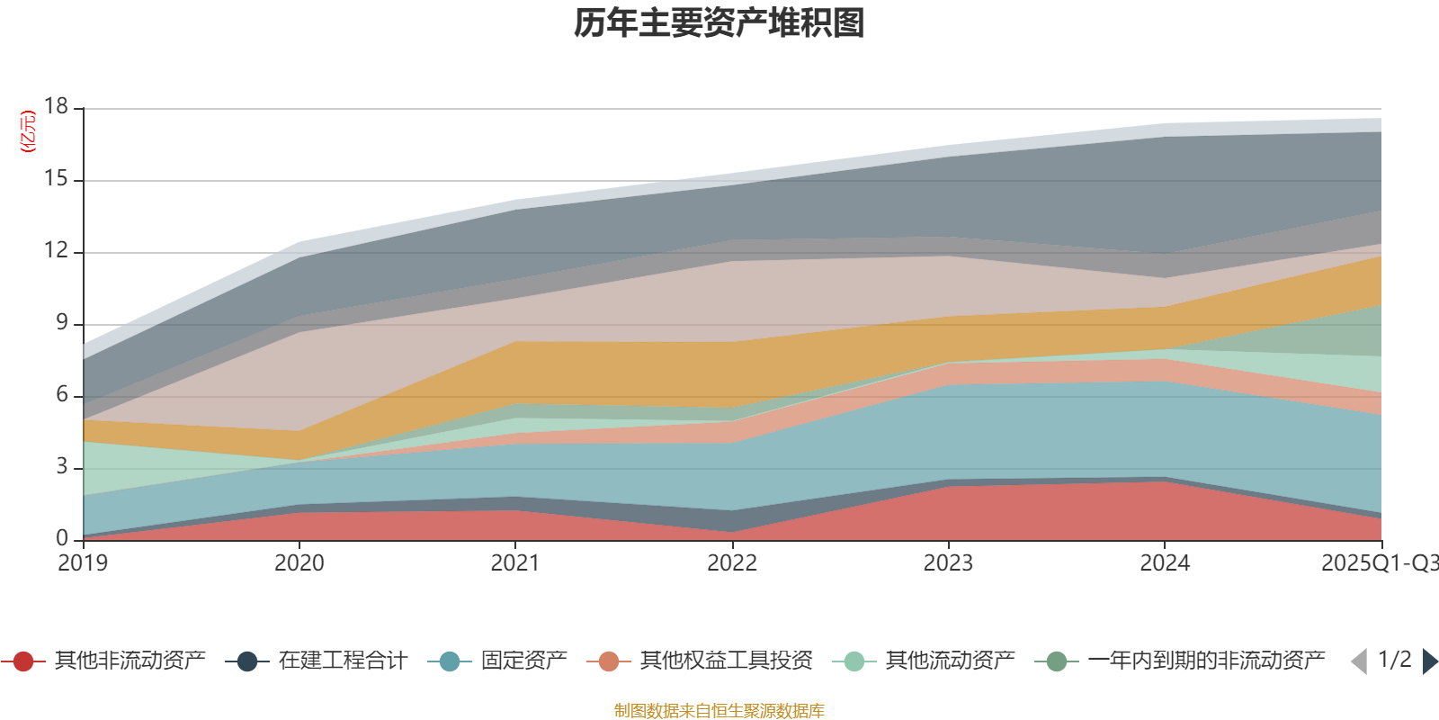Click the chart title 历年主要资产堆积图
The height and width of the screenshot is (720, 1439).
click(719, 23)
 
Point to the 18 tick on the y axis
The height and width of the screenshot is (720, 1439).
click(57, 107)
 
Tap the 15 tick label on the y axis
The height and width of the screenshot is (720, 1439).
click(57, 179)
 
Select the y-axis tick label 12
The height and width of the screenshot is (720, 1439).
click(57, 251)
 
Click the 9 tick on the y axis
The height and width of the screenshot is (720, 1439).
click(62, 323)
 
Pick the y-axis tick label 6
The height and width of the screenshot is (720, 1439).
click(62, 395)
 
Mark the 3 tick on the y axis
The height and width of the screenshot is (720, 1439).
click(62, 467)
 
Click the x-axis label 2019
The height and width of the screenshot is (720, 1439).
click(83, 563)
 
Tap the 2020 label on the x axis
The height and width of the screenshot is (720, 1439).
click(299, 563)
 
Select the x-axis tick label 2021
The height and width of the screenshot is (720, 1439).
click(515, 563)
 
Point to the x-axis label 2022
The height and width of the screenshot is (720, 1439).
click(732, 563)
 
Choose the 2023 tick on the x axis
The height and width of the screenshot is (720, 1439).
click(948, 563)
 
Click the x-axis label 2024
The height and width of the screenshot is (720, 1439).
click(1165, 563)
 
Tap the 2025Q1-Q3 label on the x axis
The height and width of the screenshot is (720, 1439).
click(1379, 563)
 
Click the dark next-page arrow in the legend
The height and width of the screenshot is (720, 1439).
click(1430, 661)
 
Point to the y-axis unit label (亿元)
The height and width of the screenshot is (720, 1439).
click(28, 131)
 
